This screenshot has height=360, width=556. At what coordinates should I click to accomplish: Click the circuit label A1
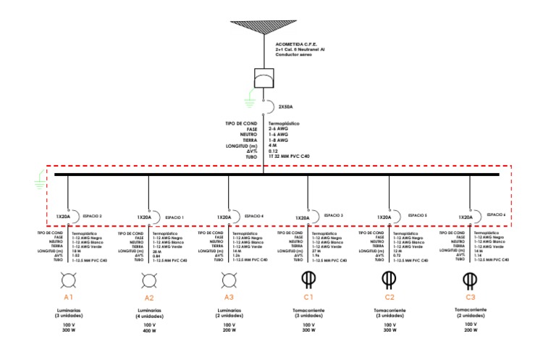69,298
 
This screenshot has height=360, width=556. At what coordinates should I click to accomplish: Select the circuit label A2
150,298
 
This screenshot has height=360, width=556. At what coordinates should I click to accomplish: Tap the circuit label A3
229,298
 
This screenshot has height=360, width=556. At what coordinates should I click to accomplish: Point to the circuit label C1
308,297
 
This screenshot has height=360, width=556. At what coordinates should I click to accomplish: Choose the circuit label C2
389,297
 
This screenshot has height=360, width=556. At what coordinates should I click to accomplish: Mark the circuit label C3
471,297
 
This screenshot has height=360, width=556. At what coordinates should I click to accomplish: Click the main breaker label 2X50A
286,107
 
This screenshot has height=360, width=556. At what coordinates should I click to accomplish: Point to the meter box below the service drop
263,78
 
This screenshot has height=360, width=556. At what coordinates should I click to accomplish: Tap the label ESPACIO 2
91,216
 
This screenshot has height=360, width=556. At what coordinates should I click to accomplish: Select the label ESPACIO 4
253,216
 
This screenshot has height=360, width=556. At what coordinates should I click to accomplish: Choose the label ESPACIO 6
496,214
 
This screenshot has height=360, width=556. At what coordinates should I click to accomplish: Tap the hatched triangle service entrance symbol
263,28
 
